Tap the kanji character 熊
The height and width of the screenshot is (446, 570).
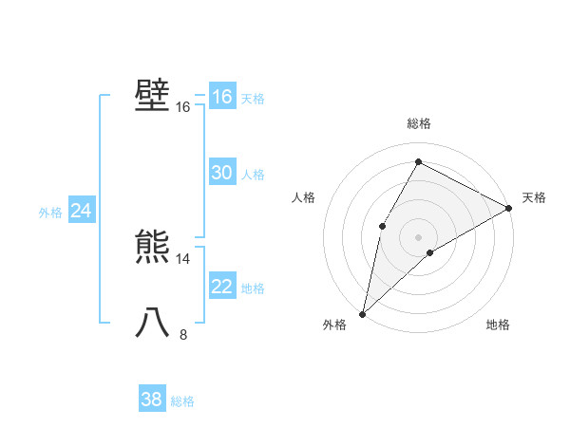152,248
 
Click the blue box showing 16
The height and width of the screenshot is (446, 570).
221,97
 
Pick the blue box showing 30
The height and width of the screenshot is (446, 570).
221,173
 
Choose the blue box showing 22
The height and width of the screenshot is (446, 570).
221,287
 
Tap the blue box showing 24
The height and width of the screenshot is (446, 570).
81,211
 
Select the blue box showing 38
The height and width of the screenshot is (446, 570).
152,400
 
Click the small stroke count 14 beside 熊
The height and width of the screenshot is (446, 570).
183,258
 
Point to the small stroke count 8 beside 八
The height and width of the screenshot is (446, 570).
183,334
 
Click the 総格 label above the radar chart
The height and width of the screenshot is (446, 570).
418,123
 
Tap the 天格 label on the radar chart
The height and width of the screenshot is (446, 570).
534,197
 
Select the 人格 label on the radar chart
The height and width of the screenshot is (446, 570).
303,197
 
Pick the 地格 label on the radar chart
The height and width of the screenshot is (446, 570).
498,325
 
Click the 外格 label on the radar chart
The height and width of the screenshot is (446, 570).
334,325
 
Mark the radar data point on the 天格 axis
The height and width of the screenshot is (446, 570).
509,208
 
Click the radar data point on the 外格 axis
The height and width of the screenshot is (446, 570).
362,313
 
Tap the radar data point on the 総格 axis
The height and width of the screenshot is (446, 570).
418,161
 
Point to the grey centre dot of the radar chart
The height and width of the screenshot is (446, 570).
418,236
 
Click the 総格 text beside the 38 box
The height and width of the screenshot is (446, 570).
182,401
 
